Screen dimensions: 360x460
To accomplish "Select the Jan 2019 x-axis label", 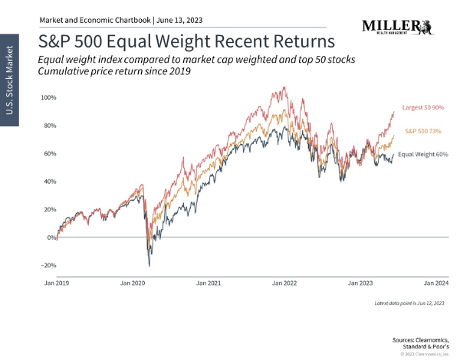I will point(58,283).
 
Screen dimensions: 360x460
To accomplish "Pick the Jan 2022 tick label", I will point(285,283).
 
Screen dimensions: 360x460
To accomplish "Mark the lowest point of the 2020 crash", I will point(149,266).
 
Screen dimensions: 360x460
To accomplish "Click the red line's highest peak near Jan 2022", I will point(284,87).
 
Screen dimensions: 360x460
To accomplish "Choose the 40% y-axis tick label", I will point(48,182).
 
